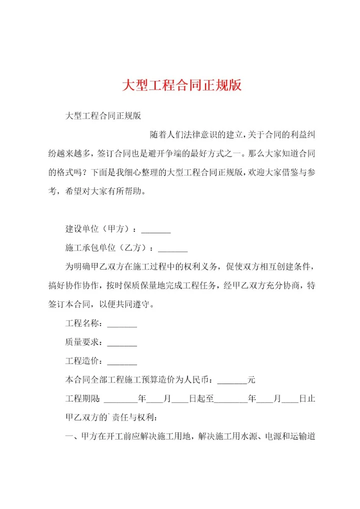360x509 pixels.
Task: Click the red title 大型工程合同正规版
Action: pyautogui.click(x=182, y=85)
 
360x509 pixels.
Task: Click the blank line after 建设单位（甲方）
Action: pyautogui.click(x=156, y=231)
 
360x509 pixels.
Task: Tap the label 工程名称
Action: pyautogui.click(x=82, y=324)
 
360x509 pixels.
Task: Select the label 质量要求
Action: pyautogui.click(x=82, y=342)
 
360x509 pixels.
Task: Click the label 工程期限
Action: pyautogui.click(x=82, y=399)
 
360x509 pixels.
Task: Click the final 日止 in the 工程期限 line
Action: pyautogui.click(x=306, y=399)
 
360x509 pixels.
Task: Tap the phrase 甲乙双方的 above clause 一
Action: pyautogui.click(x=86, y=417)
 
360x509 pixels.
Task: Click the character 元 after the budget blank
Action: pyautogui.click(x=251, y=380)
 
